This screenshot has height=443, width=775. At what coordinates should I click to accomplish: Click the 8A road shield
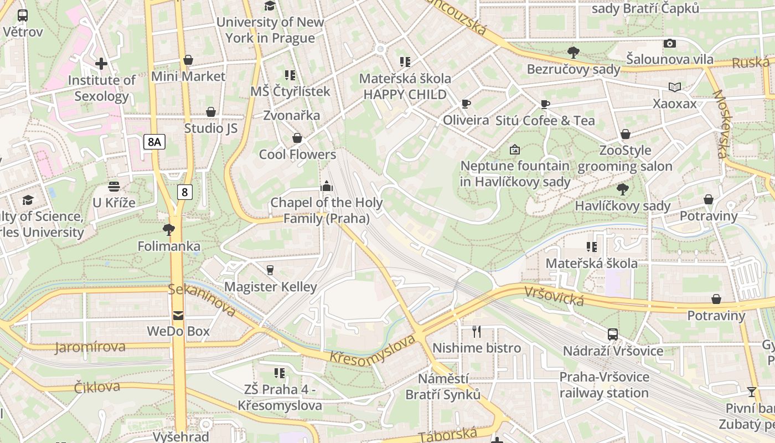point(154,142)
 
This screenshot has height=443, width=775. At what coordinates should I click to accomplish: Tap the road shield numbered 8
point(185,192)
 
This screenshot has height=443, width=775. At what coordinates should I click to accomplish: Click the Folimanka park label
point(169,246)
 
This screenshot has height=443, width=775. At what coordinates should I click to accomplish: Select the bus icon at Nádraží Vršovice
point(613,334)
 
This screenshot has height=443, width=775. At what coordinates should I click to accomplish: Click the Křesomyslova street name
point(372,349)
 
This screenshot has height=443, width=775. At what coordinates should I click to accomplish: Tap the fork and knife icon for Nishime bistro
point(477,332)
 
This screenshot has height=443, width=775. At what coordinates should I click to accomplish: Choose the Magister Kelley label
point(270,286)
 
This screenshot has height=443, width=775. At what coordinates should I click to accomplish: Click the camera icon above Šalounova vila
point(669,43)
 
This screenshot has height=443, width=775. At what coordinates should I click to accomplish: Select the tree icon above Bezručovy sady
point(573,53)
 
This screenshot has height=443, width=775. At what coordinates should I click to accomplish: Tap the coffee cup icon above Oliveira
point(466,104)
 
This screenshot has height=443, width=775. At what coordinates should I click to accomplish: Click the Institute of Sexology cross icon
point(101,64)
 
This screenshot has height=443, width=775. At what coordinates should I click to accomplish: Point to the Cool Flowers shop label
point(297,154)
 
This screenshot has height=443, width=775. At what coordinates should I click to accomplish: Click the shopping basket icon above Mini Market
point(188,60)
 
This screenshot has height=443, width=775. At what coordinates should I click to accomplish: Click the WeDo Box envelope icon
point(178,316)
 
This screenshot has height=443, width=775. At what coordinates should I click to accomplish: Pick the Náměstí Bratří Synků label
point(443,387)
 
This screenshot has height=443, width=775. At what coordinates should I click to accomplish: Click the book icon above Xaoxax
point(675,87)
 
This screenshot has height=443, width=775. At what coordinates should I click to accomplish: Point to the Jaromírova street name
point(90,347)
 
